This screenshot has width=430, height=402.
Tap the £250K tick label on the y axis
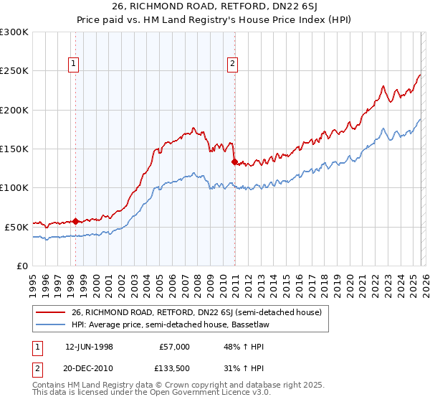click(x=14, y=71)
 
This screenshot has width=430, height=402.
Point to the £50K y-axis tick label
click(x=16, y=227)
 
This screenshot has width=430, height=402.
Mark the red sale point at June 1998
click(x=76, y=221)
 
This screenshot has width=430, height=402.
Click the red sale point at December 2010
click(x=234, y=162)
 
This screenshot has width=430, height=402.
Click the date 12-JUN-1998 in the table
click(x=89, y=346)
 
